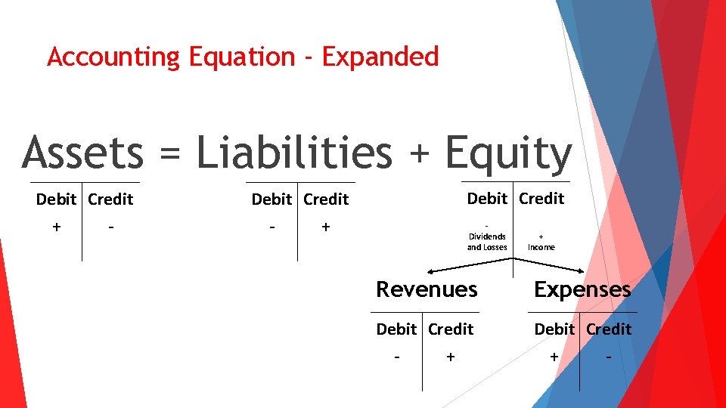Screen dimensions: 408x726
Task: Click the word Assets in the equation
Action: pyautogui.click(x=82, y=153)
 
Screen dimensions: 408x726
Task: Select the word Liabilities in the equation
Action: pyautogui.click(x=294, y=153)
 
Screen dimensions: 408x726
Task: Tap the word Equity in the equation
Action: pyautogui.click(x=508, y=154)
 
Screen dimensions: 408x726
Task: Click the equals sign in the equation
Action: pyautogui.click(x=169, y=154)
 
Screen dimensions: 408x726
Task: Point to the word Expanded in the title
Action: pyautogui.click(x=380, y=57)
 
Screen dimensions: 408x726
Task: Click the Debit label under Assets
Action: pyautogui.click(x=56, y=199)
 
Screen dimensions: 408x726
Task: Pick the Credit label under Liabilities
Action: pyautogui.click(x=326, y=199)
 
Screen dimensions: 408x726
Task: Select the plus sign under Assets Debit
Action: pyautogui.click(x=57, y=227)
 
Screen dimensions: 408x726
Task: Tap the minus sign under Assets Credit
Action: pyautogui.click(x=111, y=227)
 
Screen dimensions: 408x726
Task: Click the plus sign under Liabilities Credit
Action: pyautogui.click(x=325, y=227)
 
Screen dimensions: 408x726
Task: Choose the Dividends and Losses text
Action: pyautogui.click(x=487, y=242)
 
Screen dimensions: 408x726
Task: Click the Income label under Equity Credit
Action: pyautogui.click(x=541, y=247)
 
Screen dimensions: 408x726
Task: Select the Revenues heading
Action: pyautogui.click(x=427, y=289)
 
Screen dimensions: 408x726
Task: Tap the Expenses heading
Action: pyautogui.click(x=582, y=289)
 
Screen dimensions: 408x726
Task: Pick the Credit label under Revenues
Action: pyautogui.click(x=451, y=329)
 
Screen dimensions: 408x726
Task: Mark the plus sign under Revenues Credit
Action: pyautogui.click(x=451, y=357)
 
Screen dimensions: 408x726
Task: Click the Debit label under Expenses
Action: pyautogui.click(x=554, y=329)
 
